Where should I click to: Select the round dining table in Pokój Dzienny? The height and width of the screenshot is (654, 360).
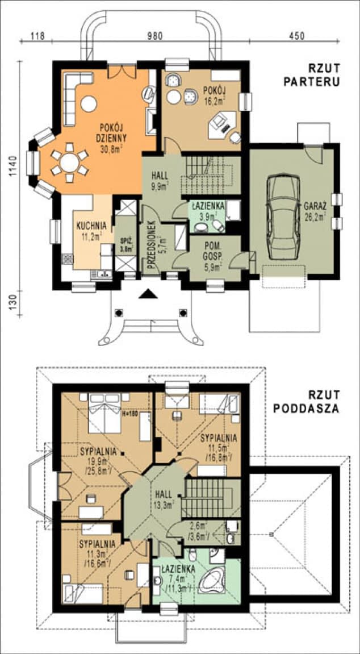(70, 163)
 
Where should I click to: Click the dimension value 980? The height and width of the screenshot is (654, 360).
(154, 36)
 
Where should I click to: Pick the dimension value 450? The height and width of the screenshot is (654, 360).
(296, 36)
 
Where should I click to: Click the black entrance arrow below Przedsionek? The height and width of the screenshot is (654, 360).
(148, 293)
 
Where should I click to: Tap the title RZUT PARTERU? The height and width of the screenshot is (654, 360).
(312, 76)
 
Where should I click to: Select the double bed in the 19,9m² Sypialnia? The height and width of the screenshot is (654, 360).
(106, 419)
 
